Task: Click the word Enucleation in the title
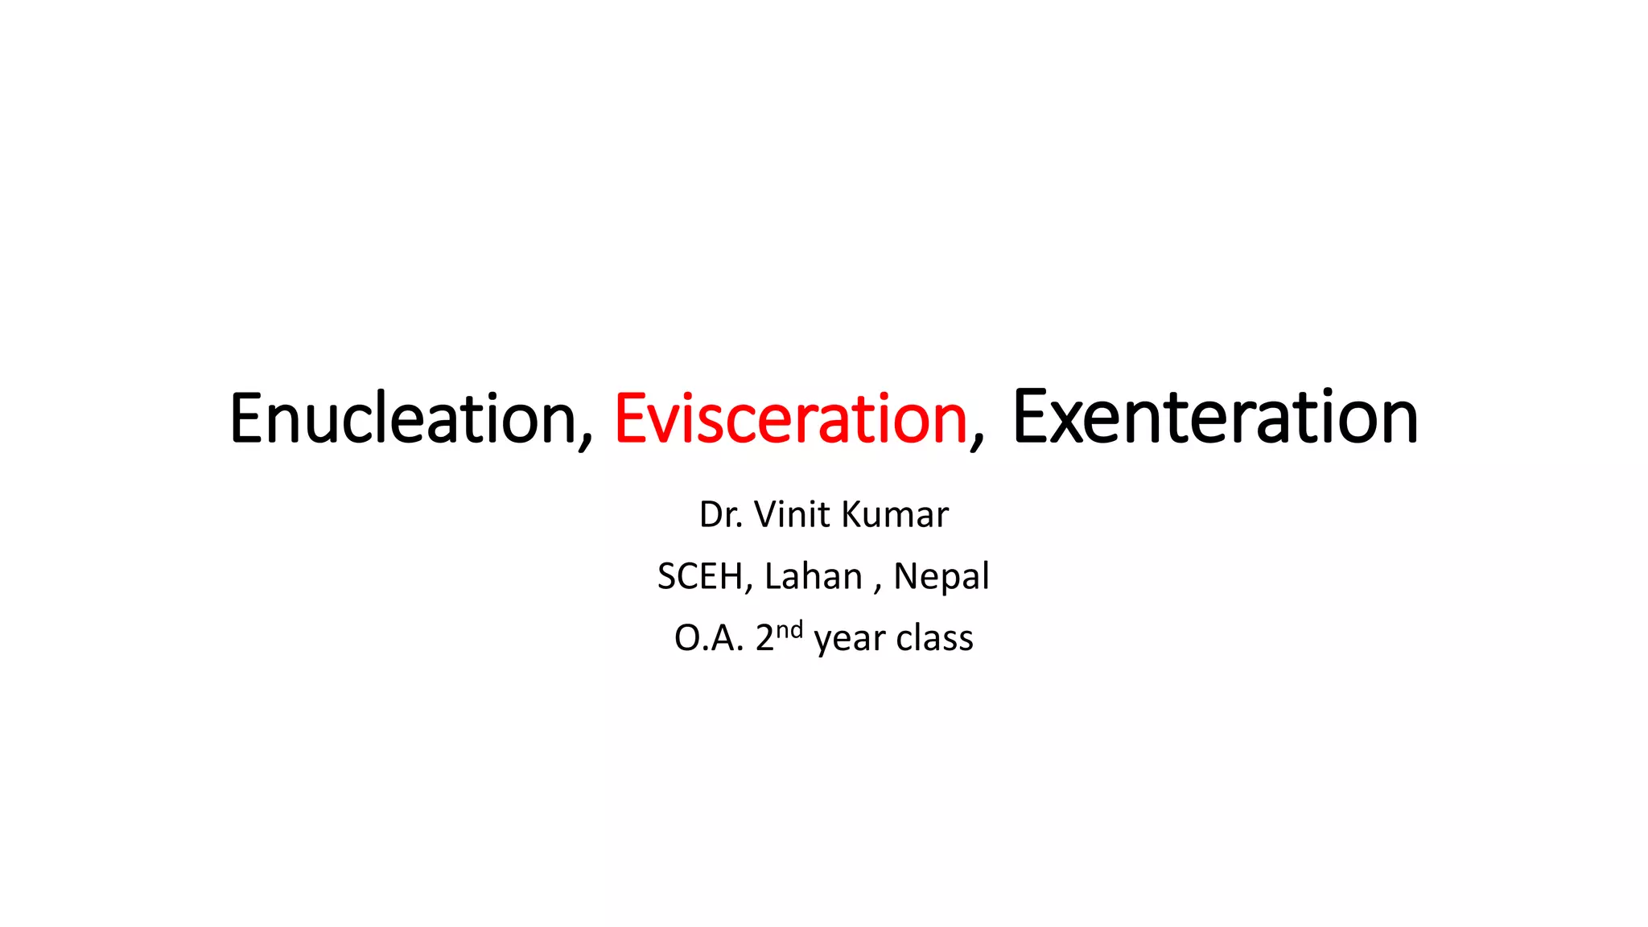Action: (x=402, y=418)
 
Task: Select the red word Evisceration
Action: (x=790, y=418)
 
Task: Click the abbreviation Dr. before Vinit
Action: (x=720, y=515)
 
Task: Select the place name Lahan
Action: (x=813, y=577)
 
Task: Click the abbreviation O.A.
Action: (x=708, y=639)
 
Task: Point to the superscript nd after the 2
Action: (x=789, y=629)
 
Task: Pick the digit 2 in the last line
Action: (x=764, y=639)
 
